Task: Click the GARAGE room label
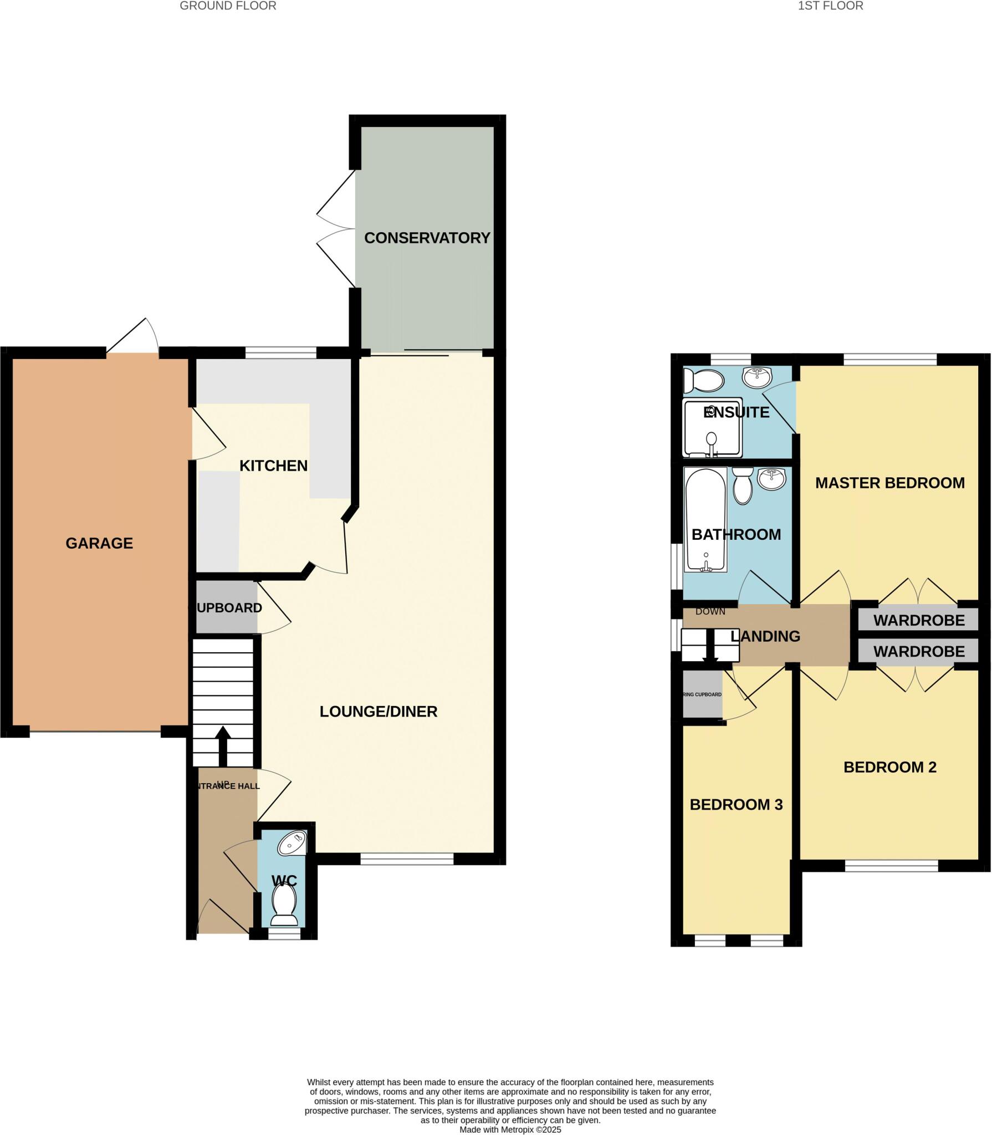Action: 99,543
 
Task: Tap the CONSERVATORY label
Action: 427,238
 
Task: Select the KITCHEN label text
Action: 273,466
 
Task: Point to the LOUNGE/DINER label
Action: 379,711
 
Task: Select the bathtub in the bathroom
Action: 705,519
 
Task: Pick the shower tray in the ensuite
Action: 712,427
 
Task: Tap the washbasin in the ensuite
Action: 757,377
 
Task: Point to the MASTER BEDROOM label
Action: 889,483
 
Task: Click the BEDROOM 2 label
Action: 889,767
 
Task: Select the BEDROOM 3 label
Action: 736,804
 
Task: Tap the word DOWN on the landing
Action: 710,611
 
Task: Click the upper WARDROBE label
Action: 919,620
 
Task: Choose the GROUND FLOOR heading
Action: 228,6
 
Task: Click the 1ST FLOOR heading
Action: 830,6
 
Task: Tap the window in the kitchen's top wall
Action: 280,352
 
